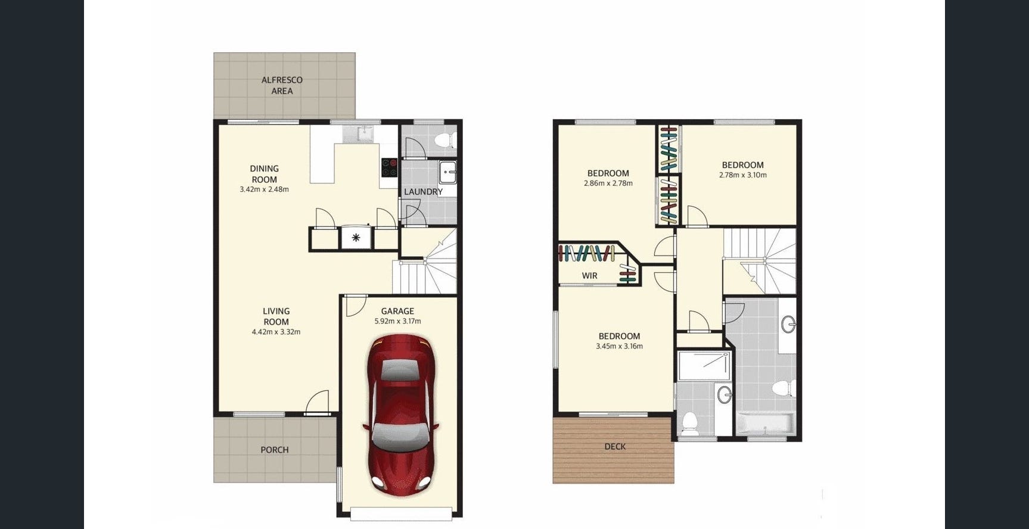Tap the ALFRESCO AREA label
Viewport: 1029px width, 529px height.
pyautogui.click(x=282, y=85)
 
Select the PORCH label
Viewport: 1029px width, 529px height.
pyautogui.click(x=275, y=450)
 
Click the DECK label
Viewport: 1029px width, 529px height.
pyautogui.click(x=615, y=446)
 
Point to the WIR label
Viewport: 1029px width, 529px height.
pyautogui.click(x=589, y=276)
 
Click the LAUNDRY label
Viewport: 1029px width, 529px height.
pyautogui.click(x=423, y=192)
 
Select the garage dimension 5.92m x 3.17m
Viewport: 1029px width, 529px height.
pyautogui.click(x=397, y=321)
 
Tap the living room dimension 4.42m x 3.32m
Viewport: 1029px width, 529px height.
pyautogui.click(x=276, y=332)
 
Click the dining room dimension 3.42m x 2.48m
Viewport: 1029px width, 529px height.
pyautogui.click(x=264, y=189)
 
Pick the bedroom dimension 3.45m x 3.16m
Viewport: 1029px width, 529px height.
pyautogui.click(x=619, y=346)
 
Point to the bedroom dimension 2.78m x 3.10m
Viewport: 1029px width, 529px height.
pyautogui.click(x=742, y=175)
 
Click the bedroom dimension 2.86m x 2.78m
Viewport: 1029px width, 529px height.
pyautogui.click(x=608, y=183)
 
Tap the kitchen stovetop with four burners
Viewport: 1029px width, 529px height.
pyautogui.click(x=390, y=167)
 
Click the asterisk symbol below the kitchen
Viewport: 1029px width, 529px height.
pyautogui.click(x=356, y=238)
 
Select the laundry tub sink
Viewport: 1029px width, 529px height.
pyautogui.click(x=447, y=172)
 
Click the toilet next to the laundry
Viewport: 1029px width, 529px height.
pyautogui.click(x=445, y=141)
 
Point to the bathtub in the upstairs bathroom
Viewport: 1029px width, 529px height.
pyautogui.click(x=766, y=424)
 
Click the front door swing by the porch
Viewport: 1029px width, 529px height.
pyautogui.click(x=317, y=402)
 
